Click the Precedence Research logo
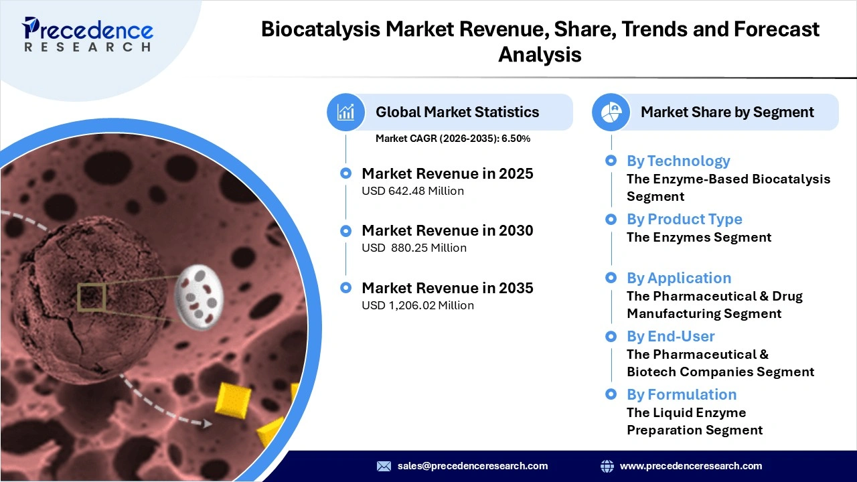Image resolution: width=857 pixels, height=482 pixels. (88, 33)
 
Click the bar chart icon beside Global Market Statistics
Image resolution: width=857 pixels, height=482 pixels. (345, 112)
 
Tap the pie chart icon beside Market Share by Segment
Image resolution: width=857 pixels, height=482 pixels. (611, 112)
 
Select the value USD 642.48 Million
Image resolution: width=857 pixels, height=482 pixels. (412, 191)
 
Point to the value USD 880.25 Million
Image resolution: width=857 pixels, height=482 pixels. (414, 248)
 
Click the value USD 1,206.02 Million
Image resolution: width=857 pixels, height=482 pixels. (417, 305)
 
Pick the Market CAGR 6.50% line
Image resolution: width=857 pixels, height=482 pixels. (453, 139)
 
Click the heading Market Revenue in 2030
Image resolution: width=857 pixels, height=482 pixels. (447, 231)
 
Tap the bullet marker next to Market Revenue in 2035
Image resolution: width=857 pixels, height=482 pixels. (345, 288)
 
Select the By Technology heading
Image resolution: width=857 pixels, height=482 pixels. (678, 161)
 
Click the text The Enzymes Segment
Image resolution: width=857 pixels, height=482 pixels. (698, 238)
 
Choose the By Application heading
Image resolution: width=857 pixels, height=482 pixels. (678, 278)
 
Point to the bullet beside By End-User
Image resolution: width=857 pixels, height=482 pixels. (611, 336)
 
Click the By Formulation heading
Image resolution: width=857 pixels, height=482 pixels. (681, 394)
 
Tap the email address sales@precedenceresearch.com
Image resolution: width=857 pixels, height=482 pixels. (472, 466)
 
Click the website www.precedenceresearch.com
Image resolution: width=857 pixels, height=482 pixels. (690, 466)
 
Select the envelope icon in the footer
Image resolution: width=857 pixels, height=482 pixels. (384, 466)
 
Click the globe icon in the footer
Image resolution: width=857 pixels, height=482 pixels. (607, 466)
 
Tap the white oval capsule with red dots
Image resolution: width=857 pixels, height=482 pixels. (199, 293)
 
